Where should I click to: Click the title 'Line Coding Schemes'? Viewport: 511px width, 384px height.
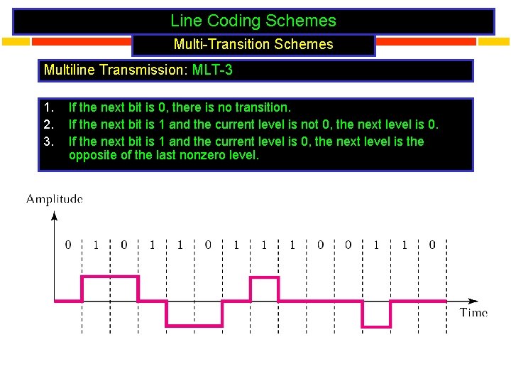[x=253, y=21]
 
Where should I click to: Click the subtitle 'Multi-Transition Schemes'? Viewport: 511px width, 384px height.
[x=253, y=44]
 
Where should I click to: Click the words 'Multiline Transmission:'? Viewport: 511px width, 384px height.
[x=116, y=70]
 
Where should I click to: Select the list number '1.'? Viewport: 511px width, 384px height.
[x=48, y=108]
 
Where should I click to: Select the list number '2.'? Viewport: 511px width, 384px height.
[x=48, y=124]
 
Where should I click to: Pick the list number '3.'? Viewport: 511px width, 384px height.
[x=48, y=141]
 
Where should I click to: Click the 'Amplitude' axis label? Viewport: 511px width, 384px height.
[x=55, y=199]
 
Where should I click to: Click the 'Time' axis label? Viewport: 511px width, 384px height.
[x=473, y=312]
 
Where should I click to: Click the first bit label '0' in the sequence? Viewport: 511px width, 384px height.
[x=68, y=245]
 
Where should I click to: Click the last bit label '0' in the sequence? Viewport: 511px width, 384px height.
[x=432, y=245]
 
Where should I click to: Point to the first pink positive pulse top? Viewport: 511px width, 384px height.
[x=110, y=277]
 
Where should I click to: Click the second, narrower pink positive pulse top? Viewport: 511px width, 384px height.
[x=264, y=277]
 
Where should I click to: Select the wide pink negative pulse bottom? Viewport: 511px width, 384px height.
[x=194, y=327]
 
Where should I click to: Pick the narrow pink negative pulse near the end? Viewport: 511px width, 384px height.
[x=376, y=327]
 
